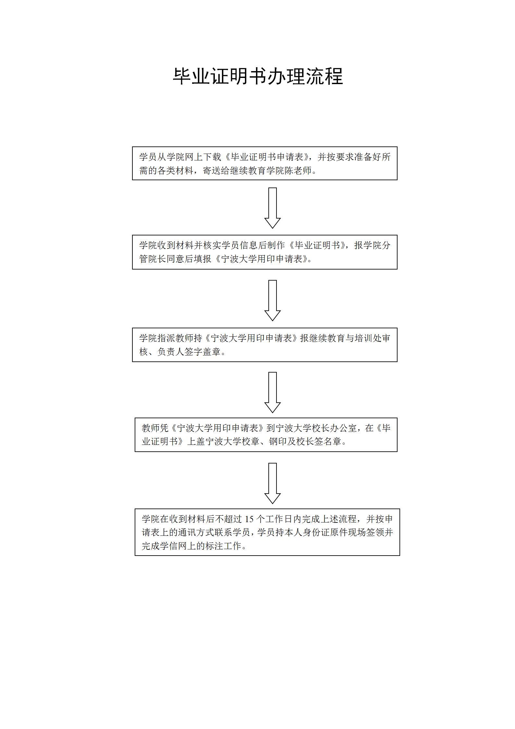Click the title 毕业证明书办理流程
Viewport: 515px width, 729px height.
[258, 77]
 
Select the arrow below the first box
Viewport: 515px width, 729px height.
[273, 208]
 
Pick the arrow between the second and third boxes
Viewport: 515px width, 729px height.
[273, 300]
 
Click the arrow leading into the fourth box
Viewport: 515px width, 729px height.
[273, 392]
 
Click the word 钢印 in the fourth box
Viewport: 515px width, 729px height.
[277, 442]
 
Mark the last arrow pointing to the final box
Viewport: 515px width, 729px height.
[273, 483]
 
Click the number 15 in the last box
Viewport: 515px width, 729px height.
[249, 519]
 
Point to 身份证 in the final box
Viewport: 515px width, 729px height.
[315, 533]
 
